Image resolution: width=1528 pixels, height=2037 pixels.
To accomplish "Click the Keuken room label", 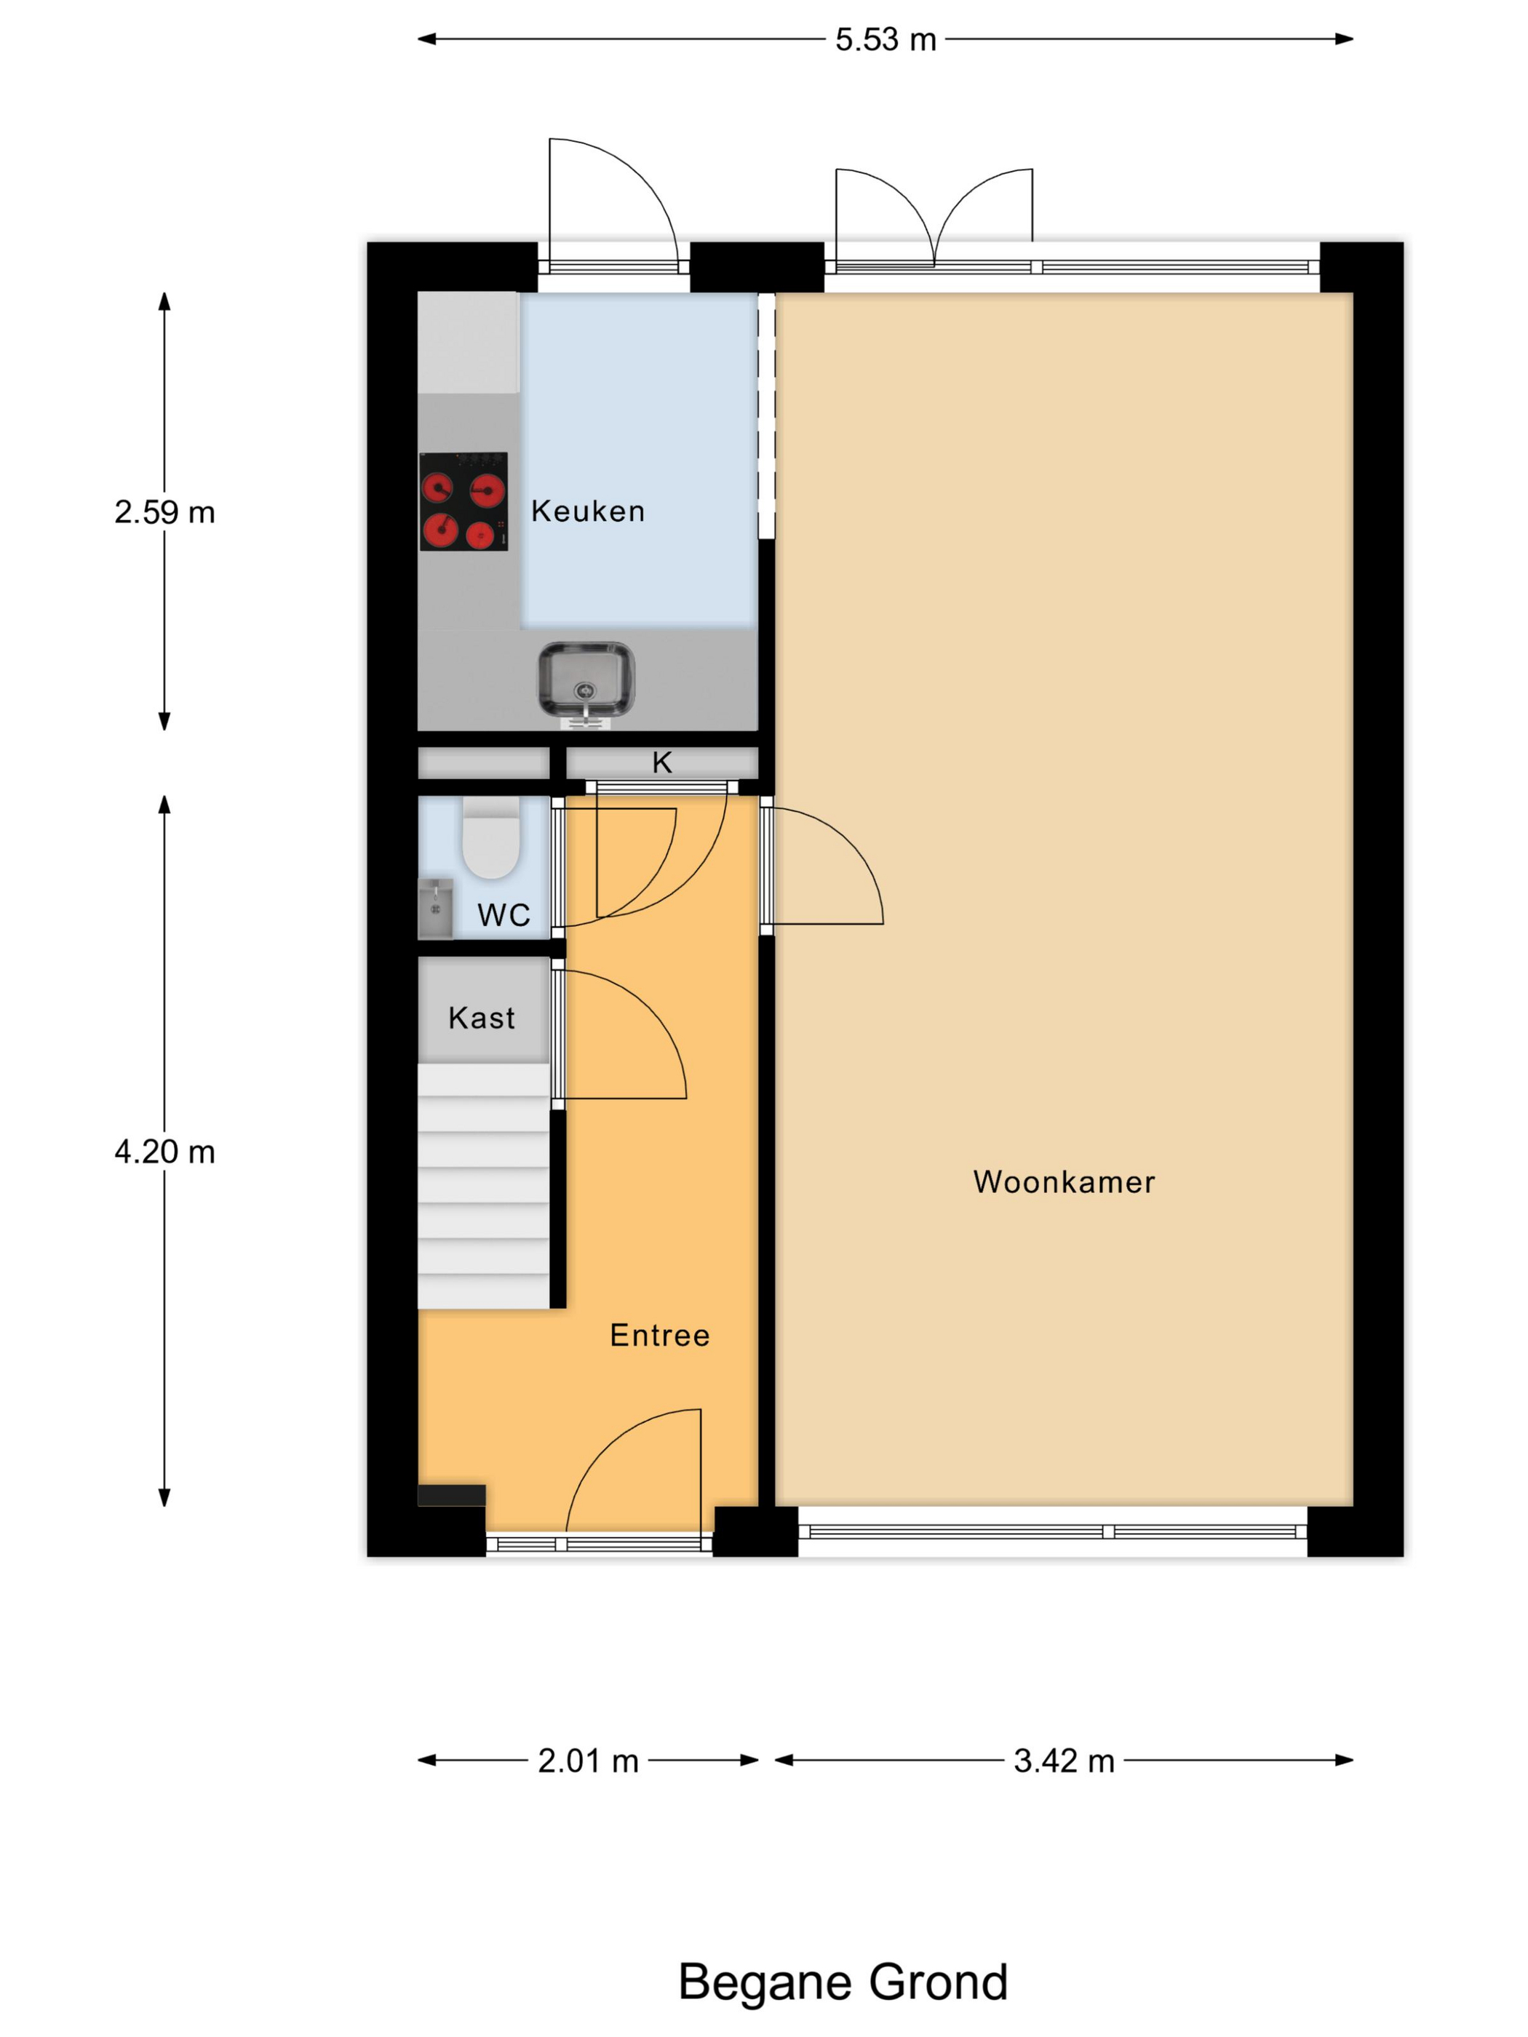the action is (588, 511).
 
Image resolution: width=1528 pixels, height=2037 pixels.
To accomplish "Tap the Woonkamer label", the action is (1064, 1181).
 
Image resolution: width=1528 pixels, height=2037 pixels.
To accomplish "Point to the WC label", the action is (504, 915).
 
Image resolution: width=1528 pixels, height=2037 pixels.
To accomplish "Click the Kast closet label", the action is (481, 1018).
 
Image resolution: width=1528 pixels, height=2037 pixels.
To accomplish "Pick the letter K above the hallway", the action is (661, 762).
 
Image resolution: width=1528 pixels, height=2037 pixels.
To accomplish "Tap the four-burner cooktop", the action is (463, 501).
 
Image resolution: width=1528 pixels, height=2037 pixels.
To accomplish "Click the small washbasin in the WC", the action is (436, 908).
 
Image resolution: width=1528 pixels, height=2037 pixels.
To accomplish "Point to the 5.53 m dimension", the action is (885, 39).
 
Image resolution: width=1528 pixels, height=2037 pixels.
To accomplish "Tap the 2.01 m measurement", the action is (588, 1761).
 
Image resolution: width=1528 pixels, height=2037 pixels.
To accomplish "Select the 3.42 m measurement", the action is (1064, 1761).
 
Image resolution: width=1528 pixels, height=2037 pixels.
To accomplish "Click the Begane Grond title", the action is (843, 1982).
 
